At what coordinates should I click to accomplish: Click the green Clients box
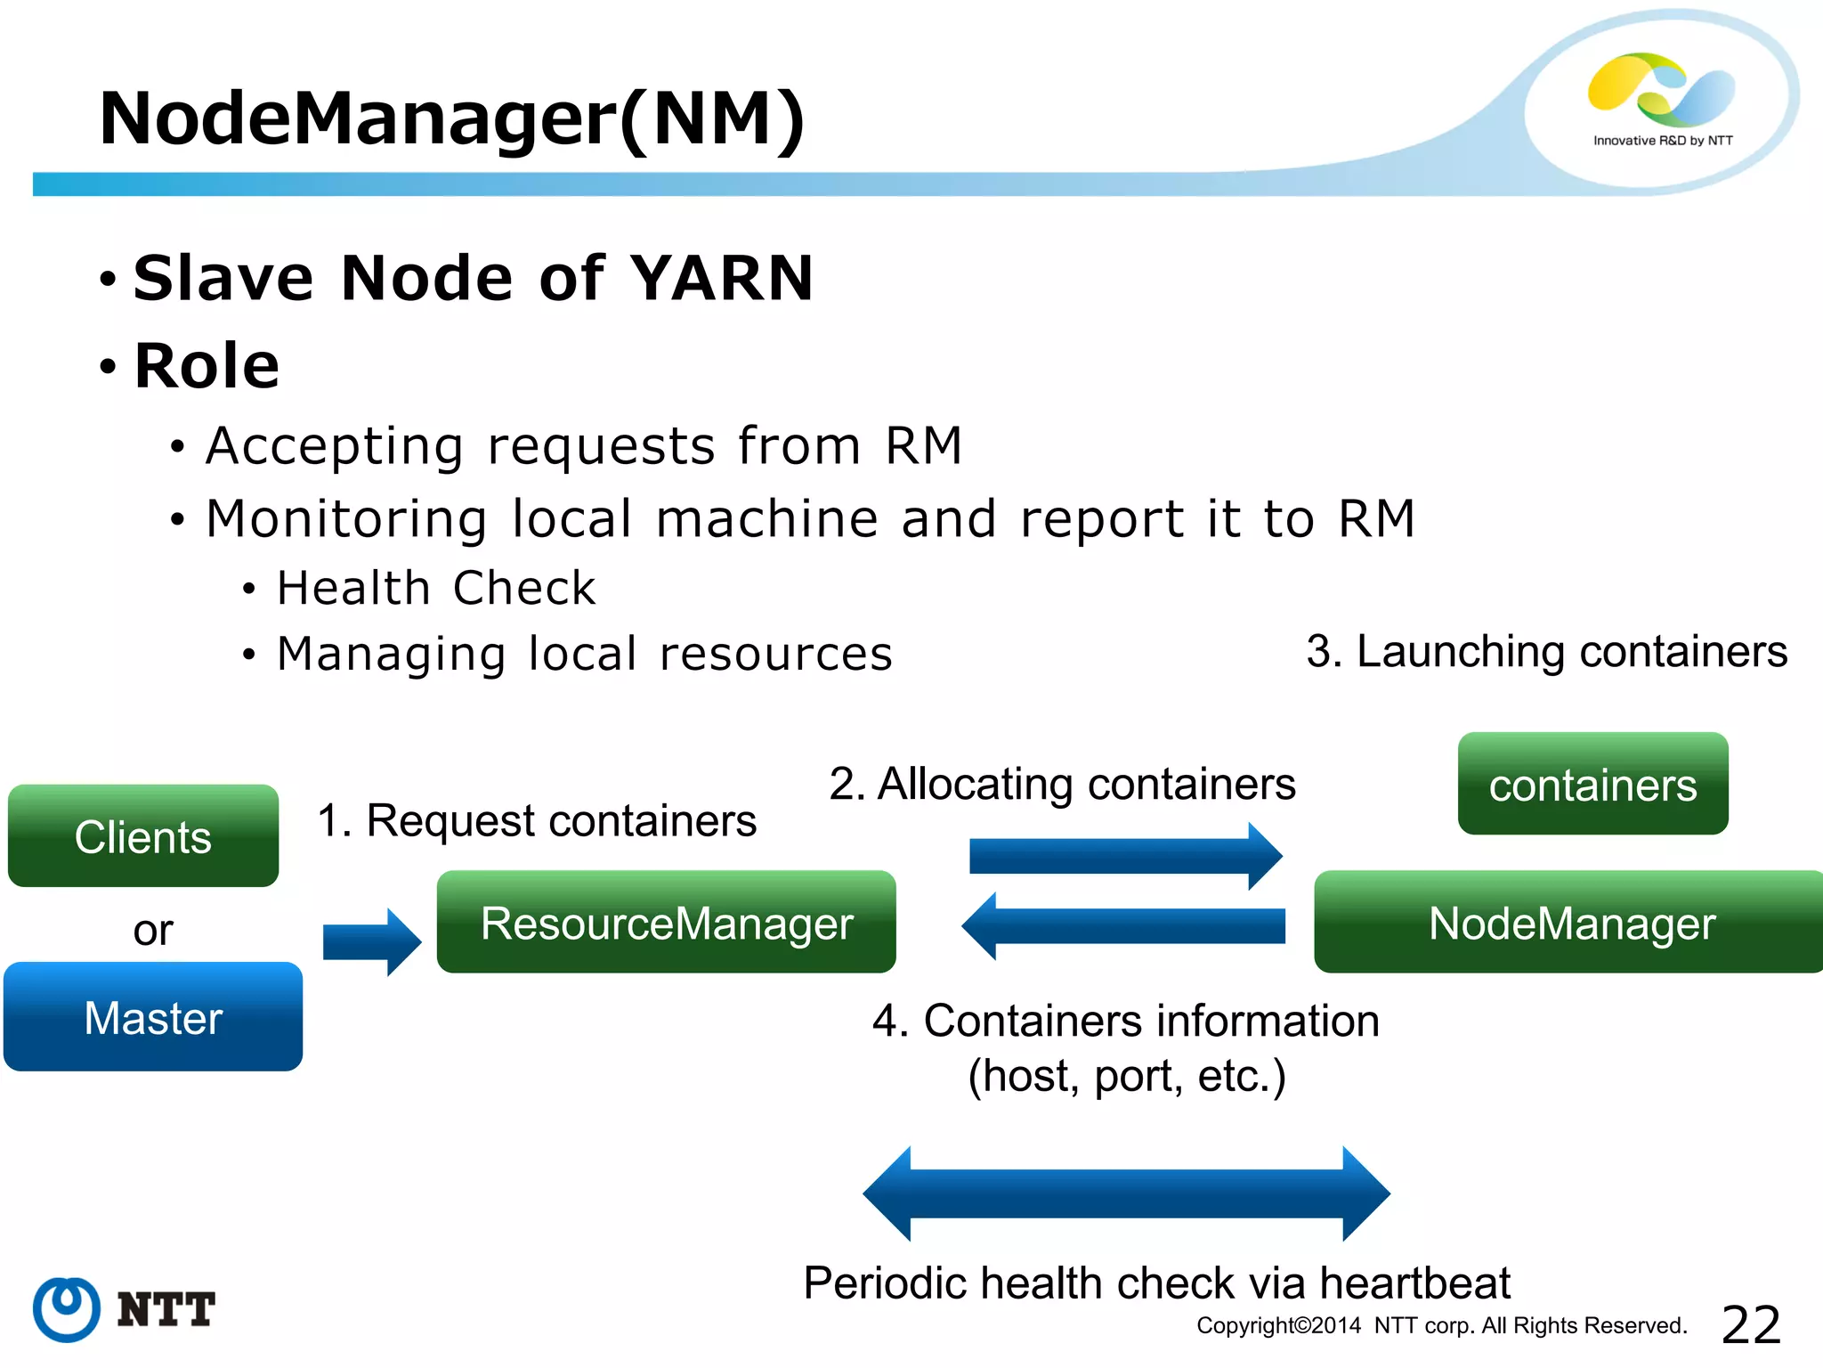click(143, 835)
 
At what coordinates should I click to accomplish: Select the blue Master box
click(153, 1016)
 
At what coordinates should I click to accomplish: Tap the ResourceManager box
click(666, 922)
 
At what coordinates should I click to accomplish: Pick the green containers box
click(1592, 784)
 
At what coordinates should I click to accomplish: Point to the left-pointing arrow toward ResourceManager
click(1123, 926)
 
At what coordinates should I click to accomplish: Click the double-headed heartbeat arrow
click(1126, 1193)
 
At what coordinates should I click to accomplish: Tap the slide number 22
click(1751, 1324)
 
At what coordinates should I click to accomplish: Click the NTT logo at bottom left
click(125, 1309)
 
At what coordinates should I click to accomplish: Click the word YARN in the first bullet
click(722, 278)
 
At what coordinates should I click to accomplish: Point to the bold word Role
click(207, 365)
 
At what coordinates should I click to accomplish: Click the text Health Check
click(436, 588)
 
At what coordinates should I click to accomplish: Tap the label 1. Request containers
click(537, 820)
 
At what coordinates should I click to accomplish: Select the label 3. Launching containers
click(1546, 651)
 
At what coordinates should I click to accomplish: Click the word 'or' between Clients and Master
click(152, 931)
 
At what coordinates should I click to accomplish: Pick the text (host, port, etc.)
click(1126, 1076)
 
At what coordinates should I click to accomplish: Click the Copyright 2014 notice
click(1441, 1325)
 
